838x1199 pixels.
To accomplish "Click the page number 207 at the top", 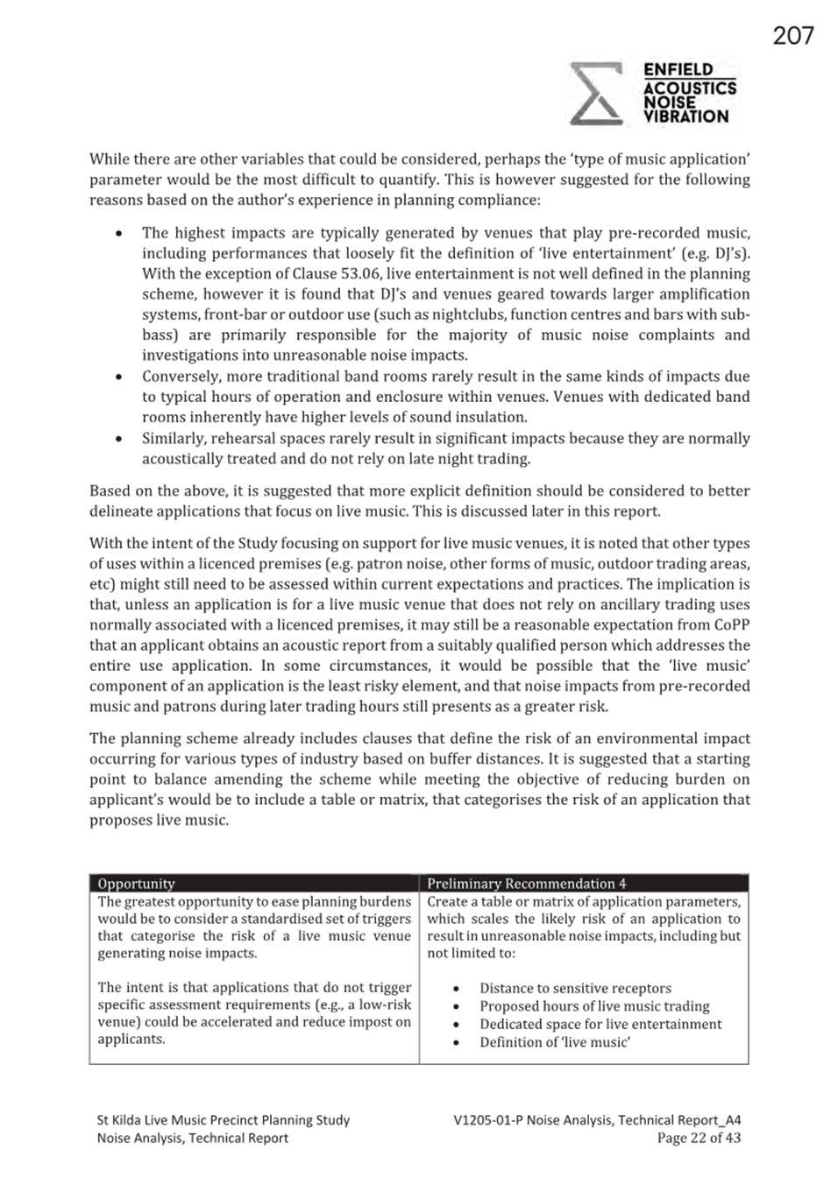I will click(x=792, y=36).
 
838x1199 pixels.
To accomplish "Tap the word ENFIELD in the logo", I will click(x=678, y=70).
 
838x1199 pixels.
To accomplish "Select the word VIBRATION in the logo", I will click(x=685, y=116).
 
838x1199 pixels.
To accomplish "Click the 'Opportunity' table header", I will click(x=136, y=884).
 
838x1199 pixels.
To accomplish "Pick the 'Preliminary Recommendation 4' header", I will click(x=526, y=884).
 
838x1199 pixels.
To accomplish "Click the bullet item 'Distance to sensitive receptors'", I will click(x=575, y=988).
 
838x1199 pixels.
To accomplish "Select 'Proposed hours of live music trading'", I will click(x=594, y=1006).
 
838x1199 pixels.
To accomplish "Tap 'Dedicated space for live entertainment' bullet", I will click(x=600, y=1024).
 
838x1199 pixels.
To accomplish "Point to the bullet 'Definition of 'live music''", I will click(x=554, y=1042).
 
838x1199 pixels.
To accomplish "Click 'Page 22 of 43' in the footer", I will click(x=699, y=1138).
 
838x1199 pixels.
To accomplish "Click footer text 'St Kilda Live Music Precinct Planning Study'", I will click(x=223, y=1119).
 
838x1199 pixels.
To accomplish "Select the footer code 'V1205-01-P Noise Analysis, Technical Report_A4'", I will click(x=597, y=1119).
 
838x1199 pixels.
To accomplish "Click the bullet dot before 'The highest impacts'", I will click(x=118, y=234).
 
